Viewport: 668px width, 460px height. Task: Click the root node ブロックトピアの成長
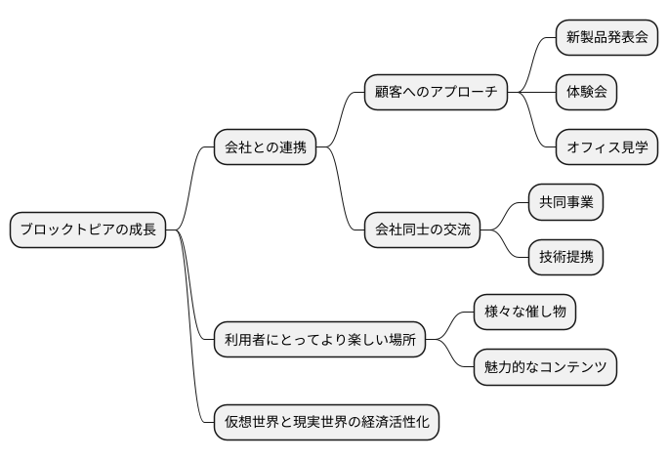pyautogui.click(x=88, y=230)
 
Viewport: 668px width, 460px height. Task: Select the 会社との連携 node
pyautogui.click(x=265, y=148)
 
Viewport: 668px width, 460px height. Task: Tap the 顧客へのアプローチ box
pyautogui.click(x=436, y=93)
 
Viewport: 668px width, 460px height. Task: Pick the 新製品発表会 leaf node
pyautogui.click(x=606, y=37)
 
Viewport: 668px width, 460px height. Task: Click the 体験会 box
pyautogui.click(x=587, y=93)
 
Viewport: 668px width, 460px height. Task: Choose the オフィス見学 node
pyautogui.click(x=606, y=148)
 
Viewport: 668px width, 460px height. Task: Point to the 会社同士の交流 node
pyautogui.click(x=422, y=230)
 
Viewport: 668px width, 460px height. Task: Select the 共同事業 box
pyautogui.click(x=565, y=203)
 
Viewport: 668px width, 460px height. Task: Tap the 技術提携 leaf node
pyautogui.click(x=565, y=258)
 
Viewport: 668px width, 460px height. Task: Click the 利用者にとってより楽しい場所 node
pyautogui.click(x=319, y=340)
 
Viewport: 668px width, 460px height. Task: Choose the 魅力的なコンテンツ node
pyautogui.click(x=545, y=367)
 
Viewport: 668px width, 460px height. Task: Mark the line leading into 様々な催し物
pyautogui.click(x=450, y=325)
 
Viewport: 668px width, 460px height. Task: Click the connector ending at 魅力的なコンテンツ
pyautogui.click(x=450, y=355)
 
